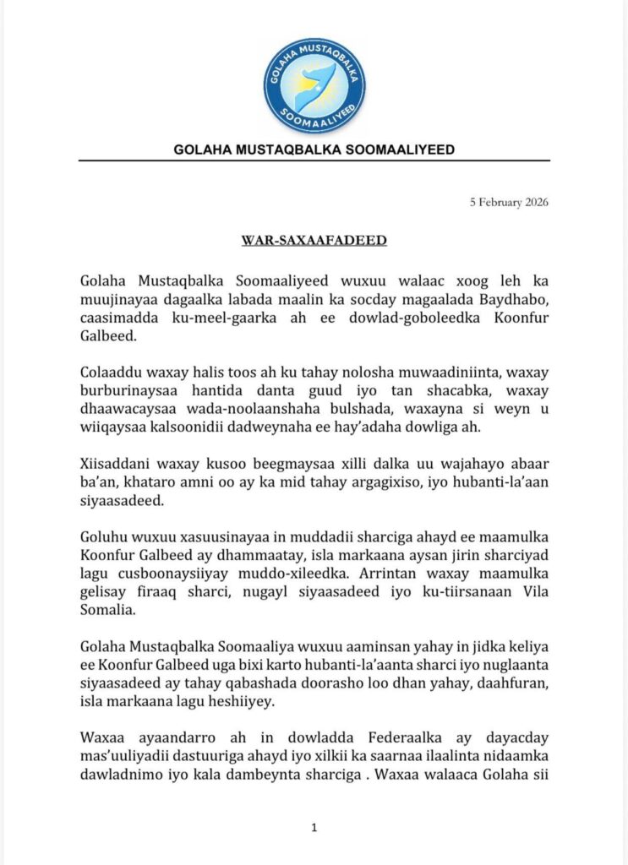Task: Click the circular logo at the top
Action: click(x=314, y=85)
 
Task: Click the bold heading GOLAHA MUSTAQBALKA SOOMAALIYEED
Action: click(x=314, y=150)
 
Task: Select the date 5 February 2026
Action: click(x=511, y=202)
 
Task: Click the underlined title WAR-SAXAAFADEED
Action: click(x=314, y=241)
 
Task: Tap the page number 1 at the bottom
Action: click(x=314, y=829)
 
